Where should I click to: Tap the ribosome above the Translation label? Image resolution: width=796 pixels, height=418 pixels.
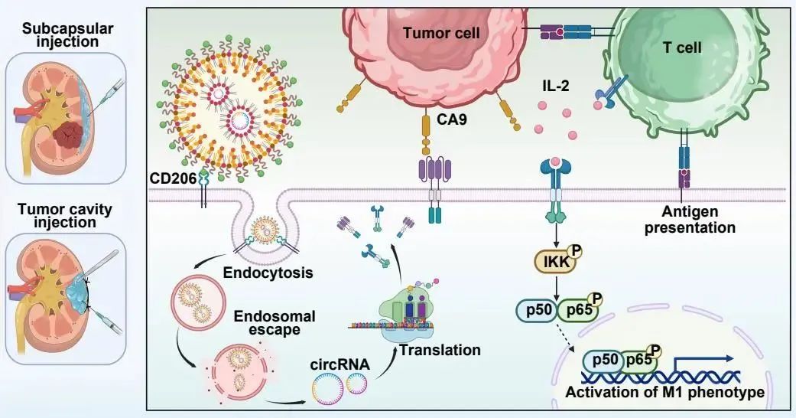pyautogui.click(x=402, y=314)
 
